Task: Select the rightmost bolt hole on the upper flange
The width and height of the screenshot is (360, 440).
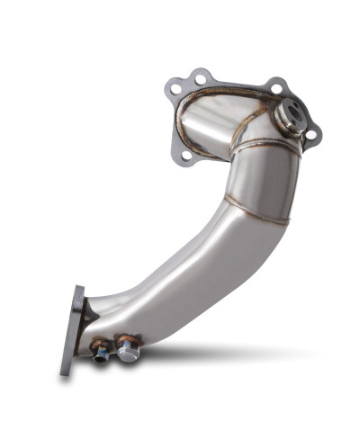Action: tap(311, 135)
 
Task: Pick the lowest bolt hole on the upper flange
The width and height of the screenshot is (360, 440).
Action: tap(186, 156)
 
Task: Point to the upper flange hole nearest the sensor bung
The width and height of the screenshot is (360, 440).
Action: tap(276, 88)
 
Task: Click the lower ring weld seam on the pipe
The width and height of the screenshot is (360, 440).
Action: tap(261, 214)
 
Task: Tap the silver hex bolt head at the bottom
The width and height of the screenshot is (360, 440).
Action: tap(129, 352)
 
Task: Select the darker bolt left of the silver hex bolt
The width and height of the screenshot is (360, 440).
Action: tap(101, 351)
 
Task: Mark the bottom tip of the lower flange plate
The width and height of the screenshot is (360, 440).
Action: tap(65, 372)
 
